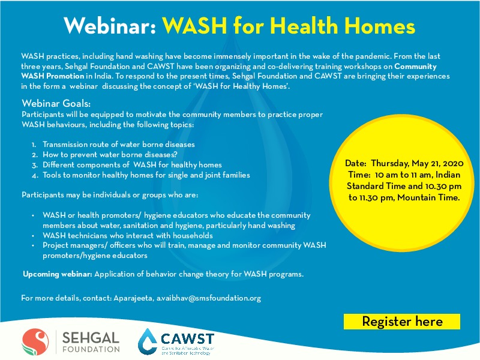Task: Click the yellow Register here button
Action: pos(402,322)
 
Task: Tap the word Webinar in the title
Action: pos(110,26)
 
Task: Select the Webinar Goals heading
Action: pos(56,104)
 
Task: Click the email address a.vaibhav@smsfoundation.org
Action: pos(209,298)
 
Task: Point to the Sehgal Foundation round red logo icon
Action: pos(34,341)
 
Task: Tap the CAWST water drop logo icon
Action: pos(148,341)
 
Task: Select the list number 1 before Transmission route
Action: pos(34,145)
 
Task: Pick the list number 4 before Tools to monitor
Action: pos(34,175)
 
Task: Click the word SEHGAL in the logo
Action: pos(92,337)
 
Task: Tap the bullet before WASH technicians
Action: pos(33,236)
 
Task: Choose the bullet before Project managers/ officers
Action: pos(33,245)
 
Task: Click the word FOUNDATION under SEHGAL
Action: pos(92,349)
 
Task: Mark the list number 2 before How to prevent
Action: pos(34,155)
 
